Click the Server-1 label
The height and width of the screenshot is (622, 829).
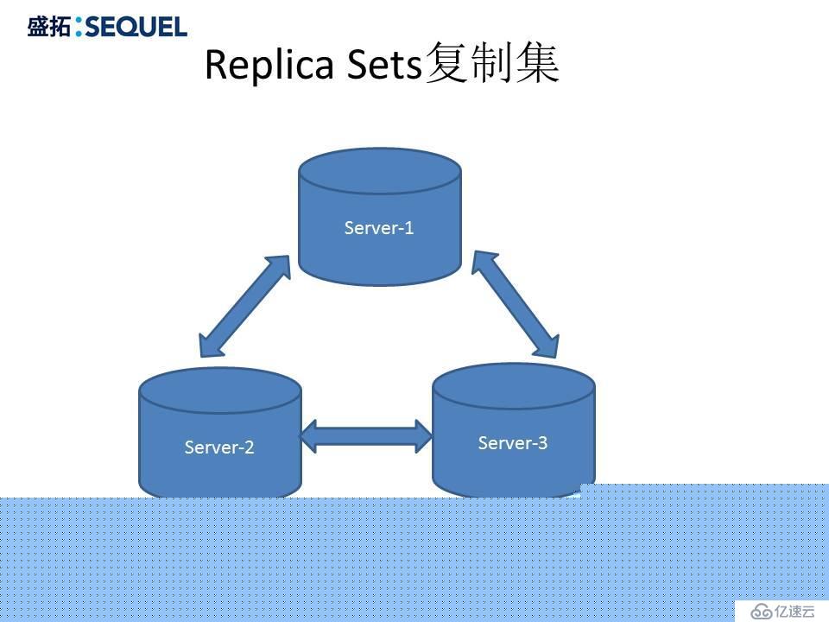tap(378, 228)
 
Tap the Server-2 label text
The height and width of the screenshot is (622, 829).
tap(218, 447)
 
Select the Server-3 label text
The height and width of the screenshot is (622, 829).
tap(512, 442)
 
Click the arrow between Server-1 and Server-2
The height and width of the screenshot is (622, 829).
tap(244, 306)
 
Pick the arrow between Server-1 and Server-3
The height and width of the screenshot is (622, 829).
tap(515, 304)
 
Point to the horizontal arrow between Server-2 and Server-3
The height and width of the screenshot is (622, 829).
tap(366, 436)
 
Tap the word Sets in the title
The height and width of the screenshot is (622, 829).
tap(384, 65)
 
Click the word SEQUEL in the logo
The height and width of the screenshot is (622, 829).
tap(136, 27)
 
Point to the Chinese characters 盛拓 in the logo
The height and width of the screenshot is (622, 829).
tap(48, 27)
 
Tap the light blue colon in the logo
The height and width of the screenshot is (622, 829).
tap(79, 27)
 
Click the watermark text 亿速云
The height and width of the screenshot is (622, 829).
tap(794, 612)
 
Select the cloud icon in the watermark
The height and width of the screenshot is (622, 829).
tap(762, 612)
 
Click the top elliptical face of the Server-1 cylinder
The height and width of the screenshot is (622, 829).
tap(380, 171)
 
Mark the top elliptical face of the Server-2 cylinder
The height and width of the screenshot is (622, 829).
tap(220, 390)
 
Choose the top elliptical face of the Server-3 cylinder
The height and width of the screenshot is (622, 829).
tap(514, 386)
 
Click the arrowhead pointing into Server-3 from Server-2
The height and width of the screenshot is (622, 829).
tap(424, 436)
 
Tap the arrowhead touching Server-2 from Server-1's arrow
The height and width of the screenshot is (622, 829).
tap(211, 346)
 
